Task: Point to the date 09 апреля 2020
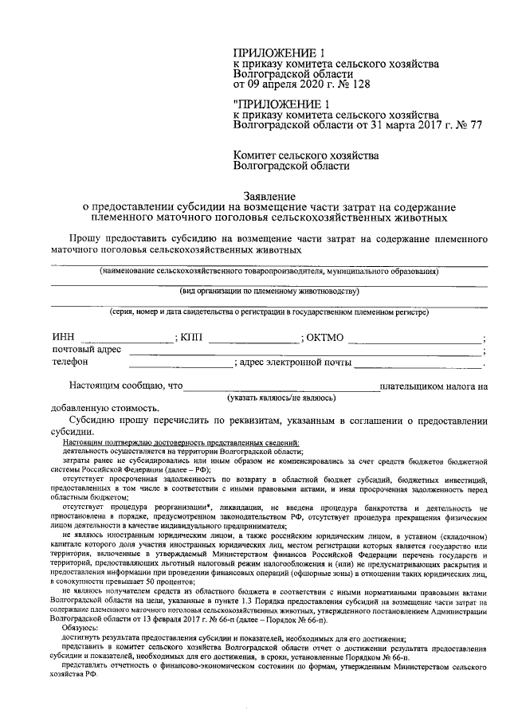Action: click(x=283, y=83)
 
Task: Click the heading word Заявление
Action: click(x=269, y=195)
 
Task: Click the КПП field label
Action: click(x=192, y=338)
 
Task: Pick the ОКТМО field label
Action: click(x=325, y=338)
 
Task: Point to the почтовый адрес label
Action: click(x=86, y=351)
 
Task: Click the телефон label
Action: click(x=70, y=363)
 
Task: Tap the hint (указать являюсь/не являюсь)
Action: click(x=280, y=396)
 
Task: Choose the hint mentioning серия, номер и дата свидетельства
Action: click(x=269, y=312)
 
